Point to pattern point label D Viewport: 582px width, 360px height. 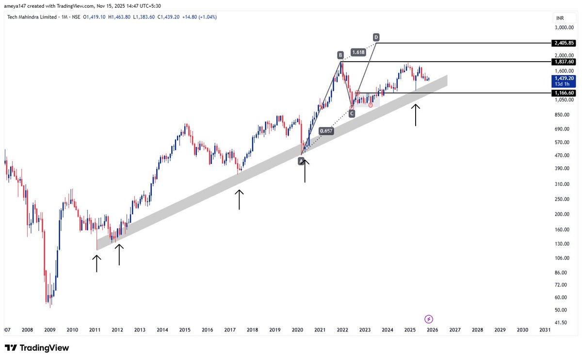pos(376,37)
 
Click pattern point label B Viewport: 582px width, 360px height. pos(341,55)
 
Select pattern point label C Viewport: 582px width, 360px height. pos(352,113)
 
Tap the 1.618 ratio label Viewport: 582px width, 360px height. pos(358,51)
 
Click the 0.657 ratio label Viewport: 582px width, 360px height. pos(326,131)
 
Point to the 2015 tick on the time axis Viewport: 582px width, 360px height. pos(185,330)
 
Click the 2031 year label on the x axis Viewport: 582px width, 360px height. pos(545,330)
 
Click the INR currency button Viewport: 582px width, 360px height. pos(560,18)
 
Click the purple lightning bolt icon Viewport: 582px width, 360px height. pos(429,319)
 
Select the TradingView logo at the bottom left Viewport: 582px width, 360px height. pos(37,348)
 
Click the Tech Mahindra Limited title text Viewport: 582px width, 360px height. pos(29,17)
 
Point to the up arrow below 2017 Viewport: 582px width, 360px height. pos(239,199)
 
